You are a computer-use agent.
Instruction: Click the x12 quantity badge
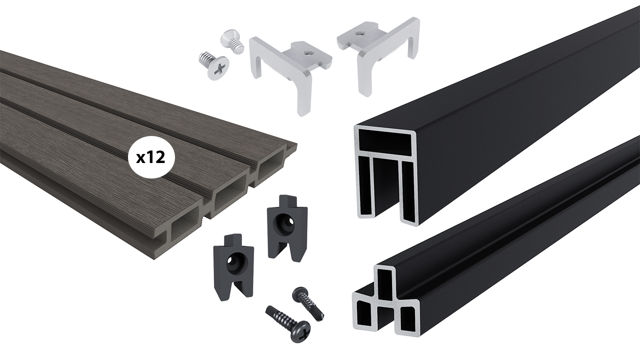click(151, 157)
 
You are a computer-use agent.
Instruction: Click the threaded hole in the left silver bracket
click(307, 52)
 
